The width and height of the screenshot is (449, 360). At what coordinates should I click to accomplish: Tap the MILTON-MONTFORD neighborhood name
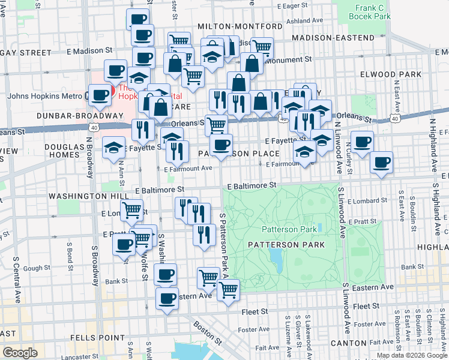240,27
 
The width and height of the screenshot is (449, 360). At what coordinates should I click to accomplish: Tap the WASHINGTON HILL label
80,196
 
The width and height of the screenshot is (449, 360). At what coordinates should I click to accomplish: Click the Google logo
20,353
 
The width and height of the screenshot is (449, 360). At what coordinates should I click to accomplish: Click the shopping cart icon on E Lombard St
131,211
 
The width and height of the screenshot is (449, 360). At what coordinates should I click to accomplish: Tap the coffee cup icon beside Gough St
124,245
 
